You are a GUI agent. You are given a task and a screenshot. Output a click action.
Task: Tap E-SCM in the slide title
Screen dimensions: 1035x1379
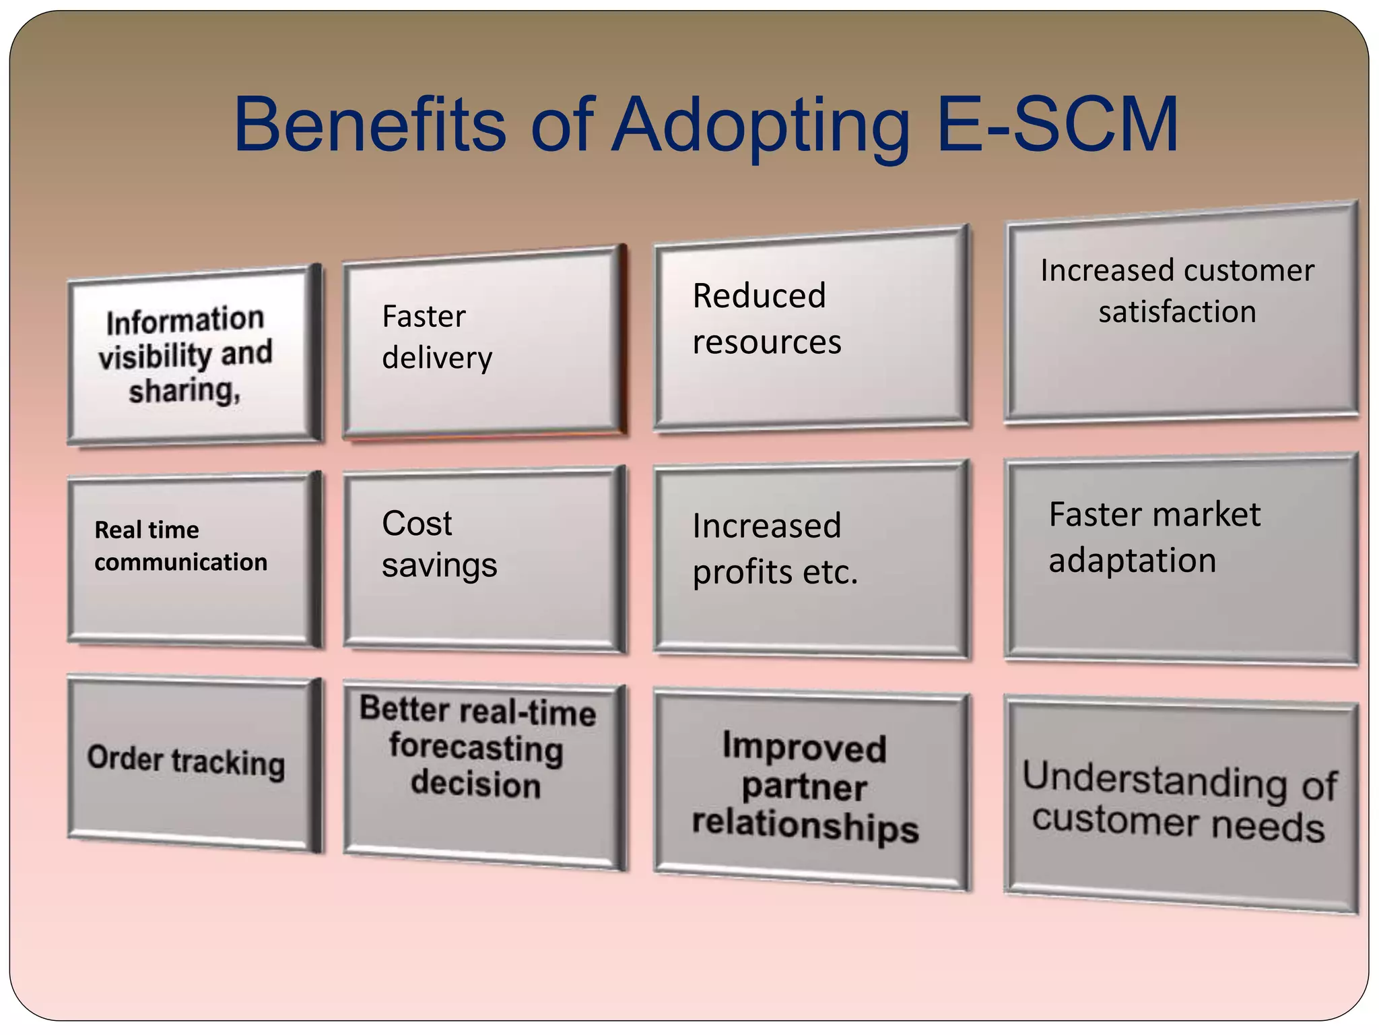[x=1057, y=125]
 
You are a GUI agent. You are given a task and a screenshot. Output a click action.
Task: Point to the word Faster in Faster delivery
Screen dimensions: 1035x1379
[x=424, y=317]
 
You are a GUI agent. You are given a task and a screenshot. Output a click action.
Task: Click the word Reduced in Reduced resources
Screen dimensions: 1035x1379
[x=759, y=296]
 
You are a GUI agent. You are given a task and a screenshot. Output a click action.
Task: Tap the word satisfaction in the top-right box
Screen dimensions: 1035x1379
[x=1177, y=312]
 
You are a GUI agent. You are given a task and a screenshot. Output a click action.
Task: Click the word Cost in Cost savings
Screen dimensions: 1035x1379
[x=417, y=524]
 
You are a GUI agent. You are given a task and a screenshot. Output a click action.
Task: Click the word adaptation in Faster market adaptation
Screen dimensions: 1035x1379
[x=1132, y=561]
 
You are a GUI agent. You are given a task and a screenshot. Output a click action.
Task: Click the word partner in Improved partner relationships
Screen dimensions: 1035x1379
[x=804, y=787]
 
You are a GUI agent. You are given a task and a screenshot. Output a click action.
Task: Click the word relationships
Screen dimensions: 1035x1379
[x=805, y=825]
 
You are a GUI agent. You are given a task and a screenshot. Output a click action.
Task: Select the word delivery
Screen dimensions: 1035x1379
[x=437, y=358]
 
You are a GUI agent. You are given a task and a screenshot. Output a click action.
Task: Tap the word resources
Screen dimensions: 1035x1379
[x=767, y=342]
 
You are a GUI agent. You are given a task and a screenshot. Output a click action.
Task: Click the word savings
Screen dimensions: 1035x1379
[x=439, y=566]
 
